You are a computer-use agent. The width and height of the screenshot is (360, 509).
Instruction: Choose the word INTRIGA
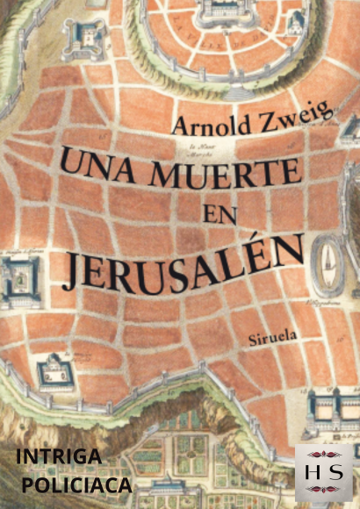click(60, 457)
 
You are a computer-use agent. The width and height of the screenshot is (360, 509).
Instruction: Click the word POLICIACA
click(77, 484)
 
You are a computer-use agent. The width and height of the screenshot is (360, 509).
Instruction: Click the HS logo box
click(322, 471)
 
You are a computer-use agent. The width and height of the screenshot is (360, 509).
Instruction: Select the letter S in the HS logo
click(335, 472)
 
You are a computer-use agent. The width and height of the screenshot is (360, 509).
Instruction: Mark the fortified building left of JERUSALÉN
click(19, 281)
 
